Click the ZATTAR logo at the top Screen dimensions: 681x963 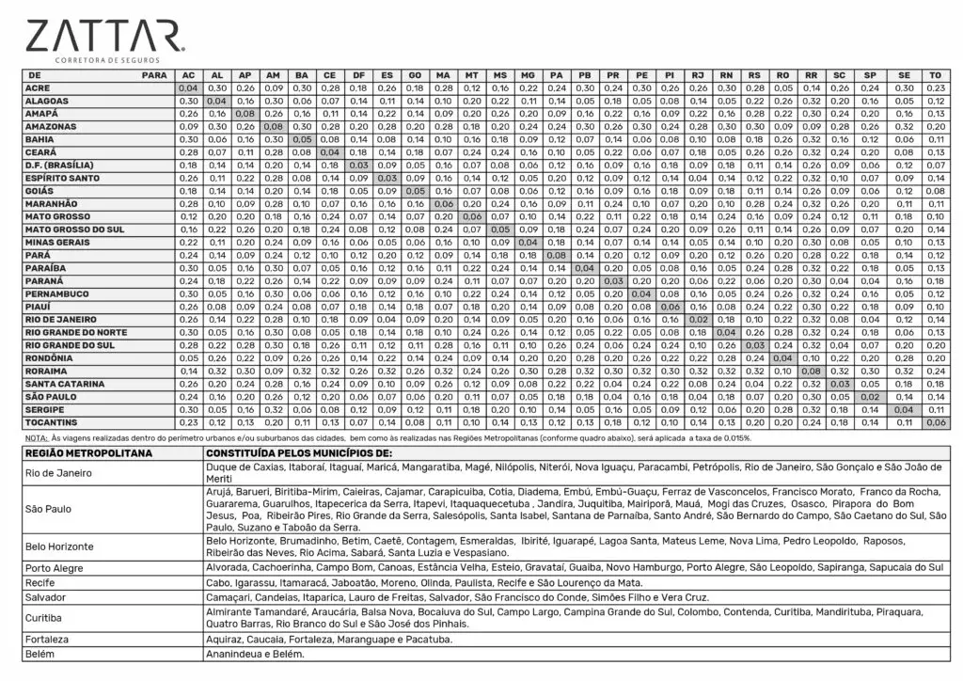tap(104, 38)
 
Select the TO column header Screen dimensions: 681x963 tap(935, 74)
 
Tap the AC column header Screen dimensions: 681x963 tap(188, 74)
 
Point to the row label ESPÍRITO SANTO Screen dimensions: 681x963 tap(62, 178)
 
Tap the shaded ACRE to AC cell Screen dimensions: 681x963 tap(188, 87)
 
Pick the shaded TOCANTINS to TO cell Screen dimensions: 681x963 tap(935, 422)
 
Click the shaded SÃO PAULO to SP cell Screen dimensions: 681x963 tap(870, 397)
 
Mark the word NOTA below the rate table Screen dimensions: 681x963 tap(37, 438)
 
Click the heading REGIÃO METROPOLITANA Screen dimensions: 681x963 tap(88, 453)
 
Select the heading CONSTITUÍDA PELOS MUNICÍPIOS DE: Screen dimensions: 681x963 tap(298, 453)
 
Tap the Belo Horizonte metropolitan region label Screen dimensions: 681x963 tap(60, 546)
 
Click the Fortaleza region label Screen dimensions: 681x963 tap(47, 639)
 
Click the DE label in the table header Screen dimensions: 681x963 tap(35, 74)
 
